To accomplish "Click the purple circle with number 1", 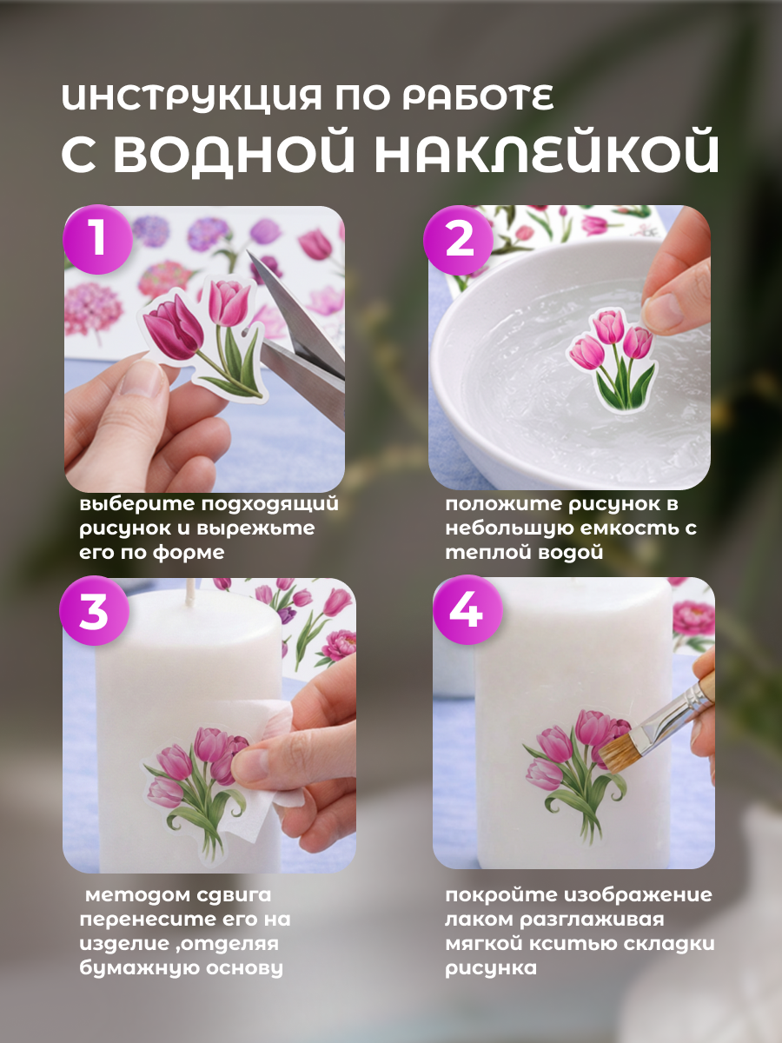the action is click(98, 239).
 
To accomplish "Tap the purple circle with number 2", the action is click(459, 241).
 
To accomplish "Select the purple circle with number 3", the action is click(95, 611).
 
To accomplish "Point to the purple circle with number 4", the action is click(467, 610).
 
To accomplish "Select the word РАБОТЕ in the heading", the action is click(478, 98).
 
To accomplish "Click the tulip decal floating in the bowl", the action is click(613, 360).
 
